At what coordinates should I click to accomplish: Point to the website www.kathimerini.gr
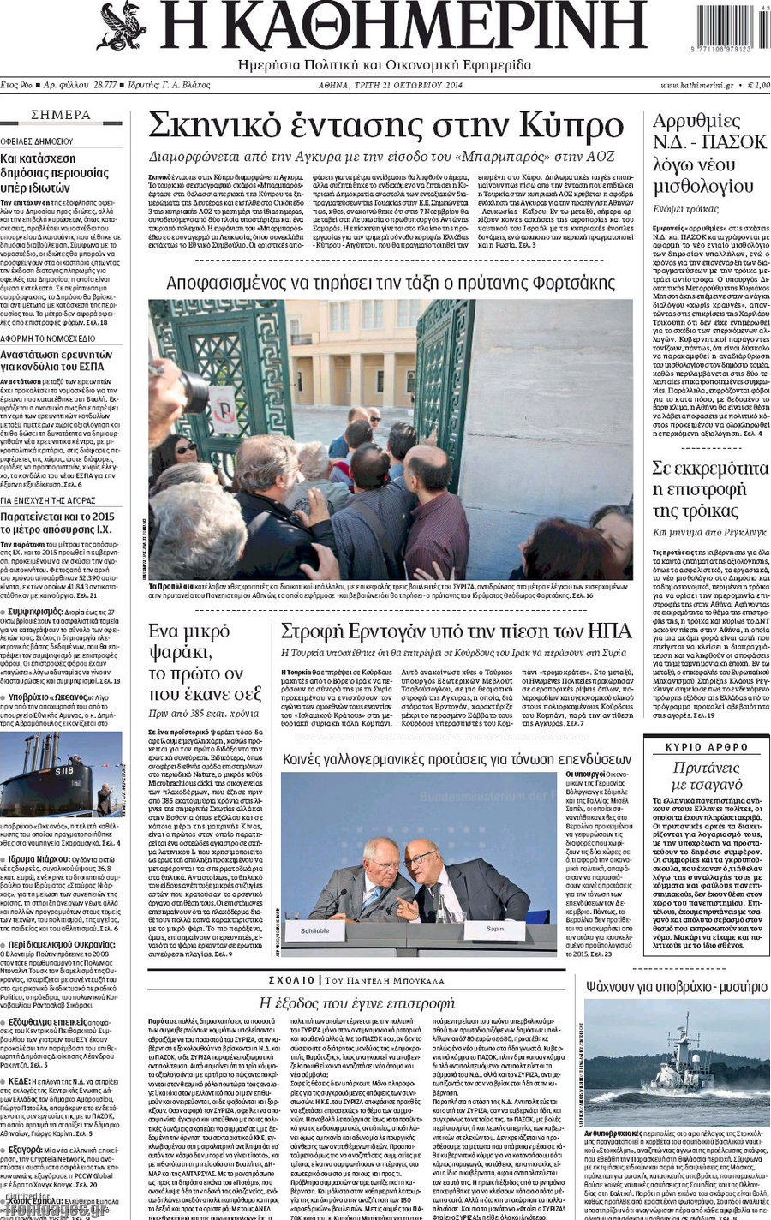click(x=696, y=85)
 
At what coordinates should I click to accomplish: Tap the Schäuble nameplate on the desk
click(x=315, y=930)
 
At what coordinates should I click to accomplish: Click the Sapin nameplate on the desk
click(x=494, y=929)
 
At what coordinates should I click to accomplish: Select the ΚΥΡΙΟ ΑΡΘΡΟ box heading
click(x=707, y=747)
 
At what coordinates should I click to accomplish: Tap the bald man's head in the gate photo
click(x=425, y=463)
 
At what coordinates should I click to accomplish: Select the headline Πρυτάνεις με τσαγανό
click(x=707, y=775)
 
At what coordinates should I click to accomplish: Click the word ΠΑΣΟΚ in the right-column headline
click(x=736, y=142)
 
